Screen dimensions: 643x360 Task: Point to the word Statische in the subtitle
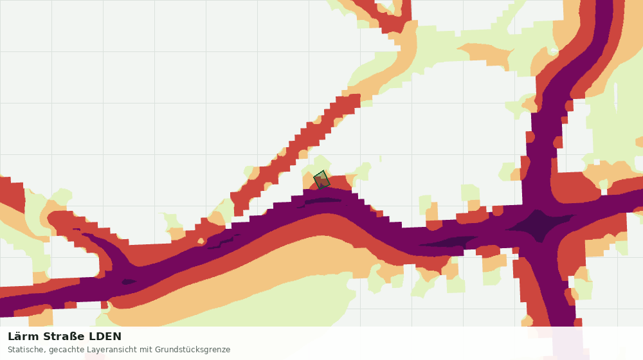tap(24, 350)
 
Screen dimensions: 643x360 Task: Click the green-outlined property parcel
tap(321, 179)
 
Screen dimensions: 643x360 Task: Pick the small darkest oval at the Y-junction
tap(129, 282)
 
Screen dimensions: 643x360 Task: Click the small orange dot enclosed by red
tap(201, 240)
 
